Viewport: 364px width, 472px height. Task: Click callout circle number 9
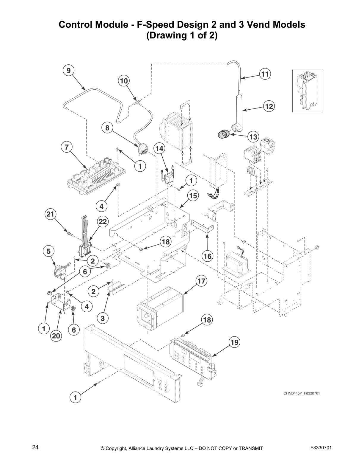tap(68, 71)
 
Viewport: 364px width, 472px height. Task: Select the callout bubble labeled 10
tap(124, 80)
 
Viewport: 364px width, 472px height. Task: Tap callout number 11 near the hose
tap(265, 74)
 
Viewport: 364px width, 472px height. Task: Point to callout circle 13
tap(253, 137)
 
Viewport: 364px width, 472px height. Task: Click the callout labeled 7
tap(67, 147)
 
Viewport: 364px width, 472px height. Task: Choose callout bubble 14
tap(159, 148)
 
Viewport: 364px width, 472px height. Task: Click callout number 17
tap(201, 281)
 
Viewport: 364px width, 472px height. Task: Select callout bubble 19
tap(235, 342)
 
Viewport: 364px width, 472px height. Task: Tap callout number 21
tap(51, 214)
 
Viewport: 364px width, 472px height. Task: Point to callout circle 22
tap(102, 221)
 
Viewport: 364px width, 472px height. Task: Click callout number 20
tap(56, 336)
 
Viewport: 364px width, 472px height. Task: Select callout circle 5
tap(48, 251)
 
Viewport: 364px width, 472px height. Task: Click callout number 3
tap(103, 318)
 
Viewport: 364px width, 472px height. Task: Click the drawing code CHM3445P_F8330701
tap(301, 393)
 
